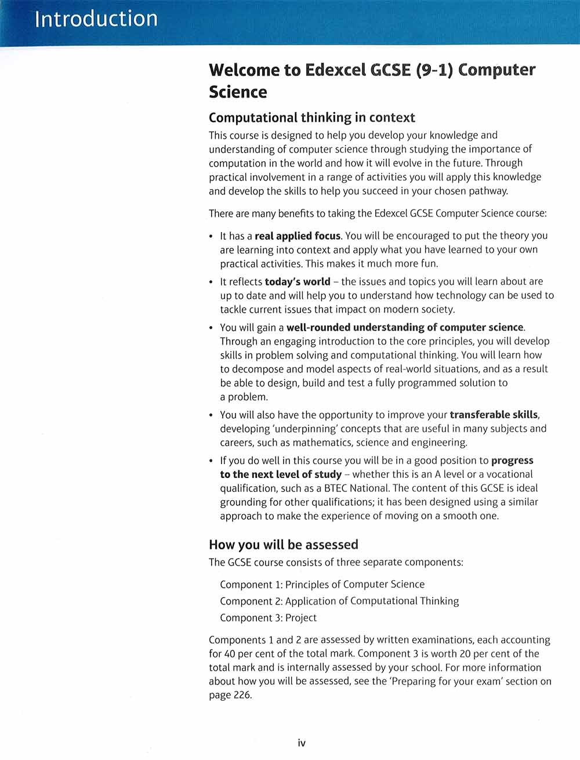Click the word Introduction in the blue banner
point(96,19)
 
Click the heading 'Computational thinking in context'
point(311,118)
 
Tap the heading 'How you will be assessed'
point(283,545)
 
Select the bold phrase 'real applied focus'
point(298,236)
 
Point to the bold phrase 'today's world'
point(298,282)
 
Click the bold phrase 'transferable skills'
point(494,415)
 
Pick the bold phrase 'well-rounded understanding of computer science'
point(405,327)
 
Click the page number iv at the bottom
point(302,743)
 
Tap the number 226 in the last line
point(242,696)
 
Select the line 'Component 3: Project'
point(269,618)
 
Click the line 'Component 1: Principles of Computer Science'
point(322,585)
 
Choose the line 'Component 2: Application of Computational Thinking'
point(339,601)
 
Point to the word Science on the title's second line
point(238,92)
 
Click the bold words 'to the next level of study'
point(281,475)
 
